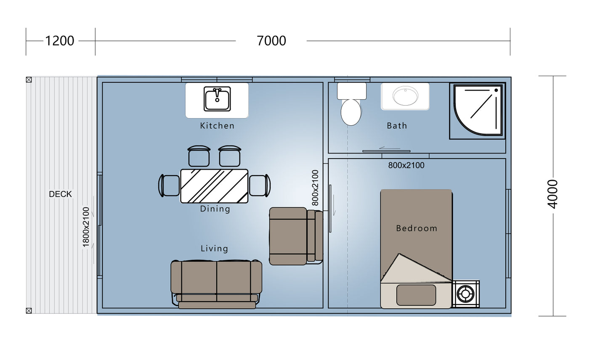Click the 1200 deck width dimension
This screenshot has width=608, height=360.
coord(59,41)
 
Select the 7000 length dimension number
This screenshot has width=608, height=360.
coord(271,41)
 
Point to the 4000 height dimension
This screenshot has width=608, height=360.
coord(552,194)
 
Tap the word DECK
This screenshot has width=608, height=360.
coord(60,194)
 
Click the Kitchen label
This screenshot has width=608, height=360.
coord(217,126)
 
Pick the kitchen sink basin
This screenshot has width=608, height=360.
coord(217,99)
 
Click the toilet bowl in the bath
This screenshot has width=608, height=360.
coord(351,112)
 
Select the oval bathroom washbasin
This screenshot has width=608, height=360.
coord(405,96)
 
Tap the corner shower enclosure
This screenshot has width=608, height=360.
coord(478,111)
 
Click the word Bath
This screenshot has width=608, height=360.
coord(397,126)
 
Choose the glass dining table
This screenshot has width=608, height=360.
coord(214,186)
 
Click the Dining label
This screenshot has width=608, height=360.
coord(215,209)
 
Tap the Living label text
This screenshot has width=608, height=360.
coord(215,249)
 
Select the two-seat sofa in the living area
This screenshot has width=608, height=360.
coord(216,284)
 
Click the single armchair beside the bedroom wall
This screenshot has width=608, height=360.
coord(296,236)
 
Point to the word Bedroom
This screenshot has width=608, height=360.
coord(417,228)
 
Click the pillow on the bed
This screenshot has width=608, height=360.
coord(416,295)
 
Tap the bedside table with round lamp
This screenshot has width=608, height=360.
coord(465,294)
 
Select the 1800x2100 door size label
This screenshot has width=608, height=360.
coord(86,228)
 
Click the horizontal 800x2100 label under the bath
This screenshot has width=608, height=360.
coord(406,165)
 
